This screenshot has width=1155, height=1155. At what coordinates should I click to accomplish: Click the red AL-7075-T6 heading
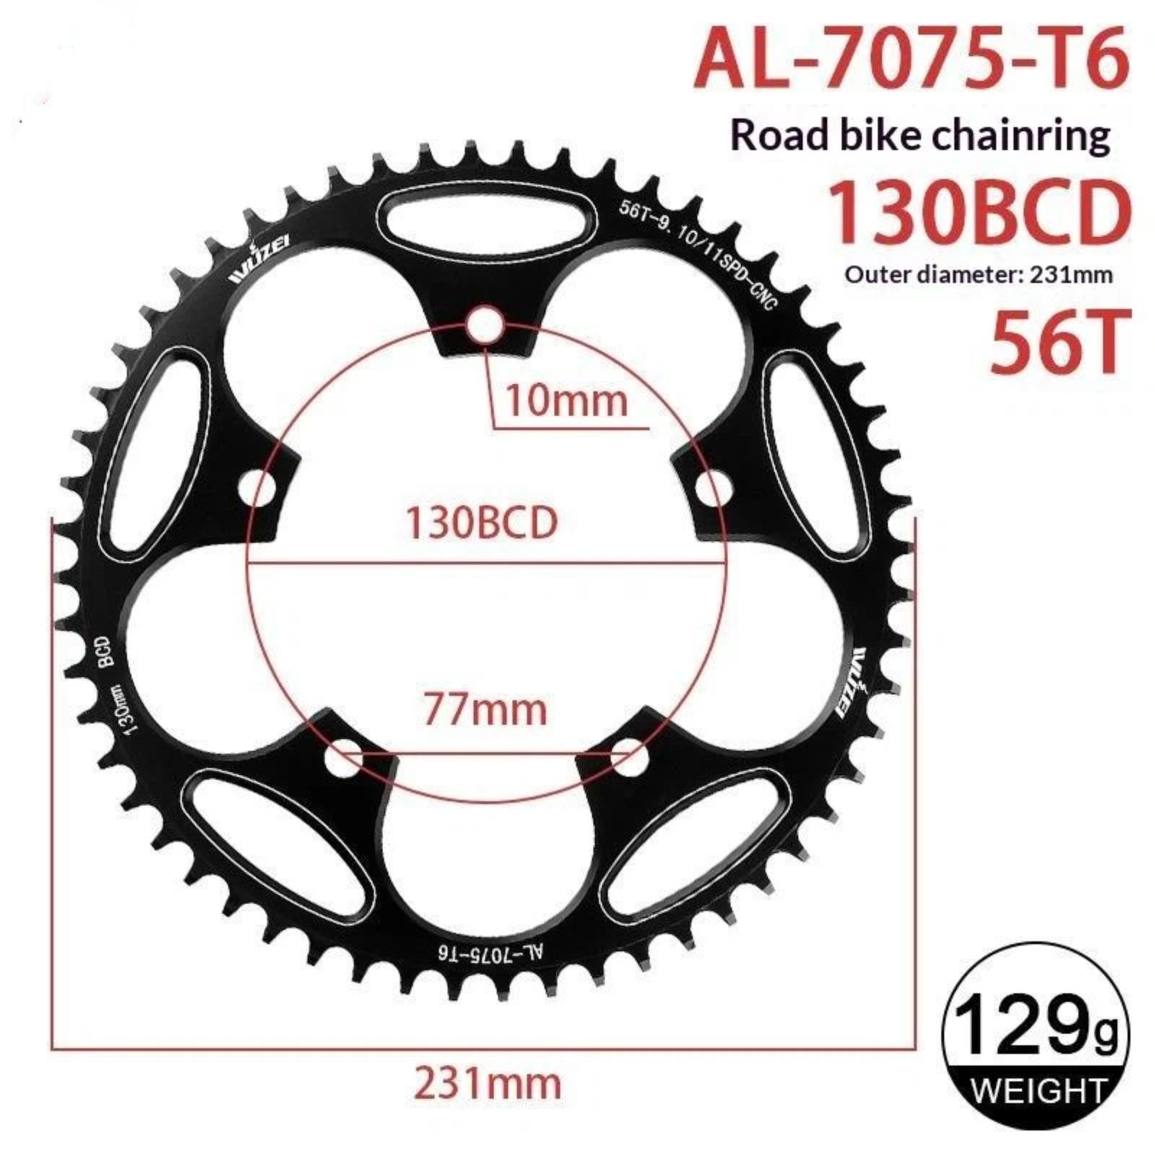click(911, 57)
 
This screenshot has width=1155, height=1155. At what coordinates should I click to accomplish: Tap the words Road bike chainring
click(920, 135)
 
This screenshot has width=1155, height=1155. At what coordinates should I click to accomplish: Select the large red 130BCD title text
click(978, 213)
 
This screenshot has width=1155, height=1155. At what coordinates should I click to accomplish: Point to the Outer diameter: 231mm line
click(979, 274)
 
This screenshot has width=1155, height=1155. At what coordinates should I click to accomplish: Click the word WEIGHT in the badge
click(1038, 1090)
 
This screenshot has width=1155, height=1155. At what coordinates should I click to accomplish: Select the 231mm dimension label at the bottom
click(487, 1083)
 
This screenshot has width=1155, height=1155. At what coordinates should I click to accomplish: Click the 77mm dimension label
click(485, 709)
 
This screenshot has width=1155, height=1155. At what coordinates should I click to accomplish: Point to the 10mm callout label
click(566, 400)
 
